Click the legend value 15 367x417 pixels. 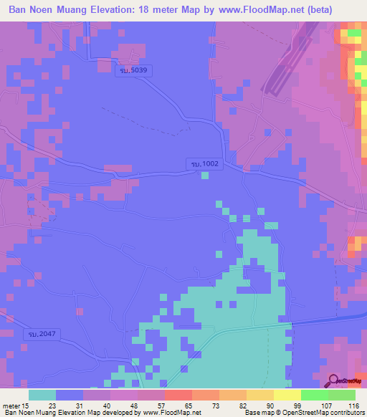(x=29, y=406)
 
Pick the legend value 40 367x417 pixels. (x=105, y=406)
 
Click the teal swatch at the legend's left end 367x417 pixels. (x=42, y=395)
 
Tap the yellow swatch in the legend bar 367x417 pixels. (x=287, y=395)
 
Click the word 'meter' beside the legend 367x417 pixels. (x=12, y=406)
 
